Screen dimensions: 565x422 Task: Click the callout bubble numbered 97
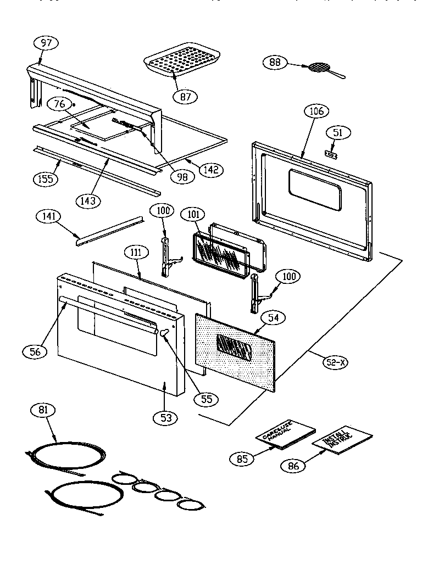coord(46,43)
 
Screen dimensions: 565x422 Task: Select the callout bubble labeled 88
coord(275,62)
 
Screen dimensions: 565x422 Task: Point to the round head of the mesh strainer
coord(317,68)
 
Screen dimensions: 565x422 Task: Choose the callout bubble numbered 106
coord(316,111)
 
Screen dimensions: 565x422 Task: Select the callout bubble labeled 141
coord(48,216)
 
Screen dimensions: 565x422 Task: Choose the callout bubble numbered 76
coord(59,104)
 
